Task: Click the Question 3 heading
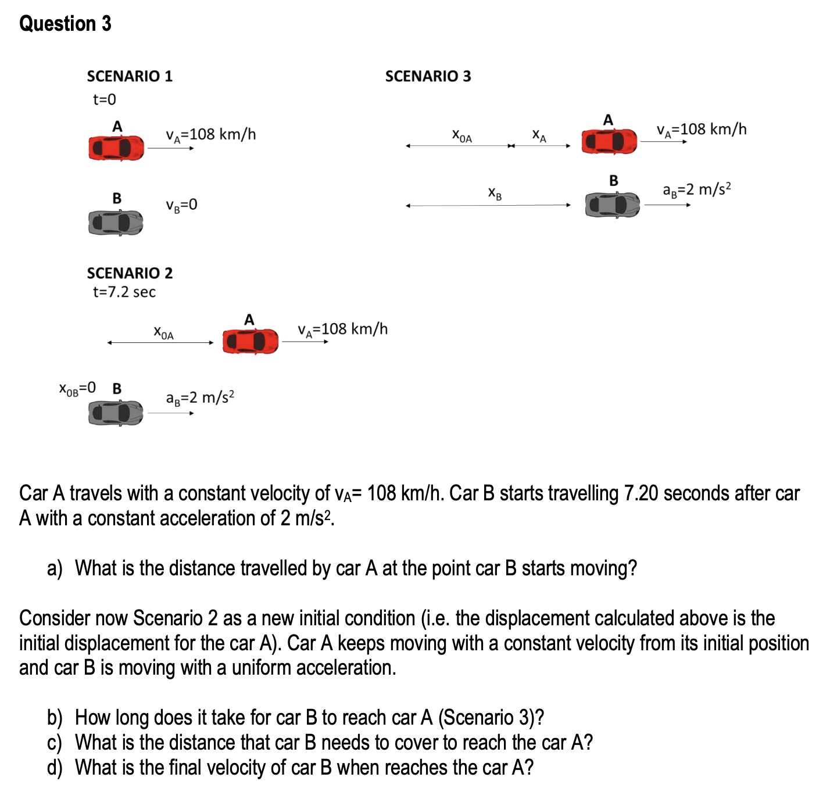point(65,23)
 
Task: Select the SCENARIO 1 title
point(130,76)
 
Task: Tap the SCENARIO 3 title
point(428,76)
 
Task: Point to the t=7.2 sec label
point(124,292)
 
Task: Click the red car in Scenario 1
point(116,148)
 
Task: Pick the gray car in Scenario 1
point(116,223)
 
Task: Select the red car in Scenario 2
point(250,341)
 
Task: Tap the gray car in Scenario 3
point(611,205)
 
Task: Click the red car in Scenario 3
point(609,141)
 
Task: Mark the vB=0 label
point(181,205)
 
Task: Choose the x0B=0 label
point(77,388)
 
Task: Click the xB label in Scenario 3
point(495,194)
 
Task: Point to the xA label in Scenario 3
point(539,135)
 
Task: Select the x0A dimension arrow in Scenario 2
point(160,343)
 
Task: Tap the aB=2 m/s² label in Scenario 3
point(696,189)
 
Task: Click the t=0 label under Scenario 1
point(104,99)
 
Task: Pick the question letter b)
point(55,718)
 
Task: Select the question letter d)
point(55,768)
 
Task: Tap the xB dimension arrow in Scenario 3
point(488,206)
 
